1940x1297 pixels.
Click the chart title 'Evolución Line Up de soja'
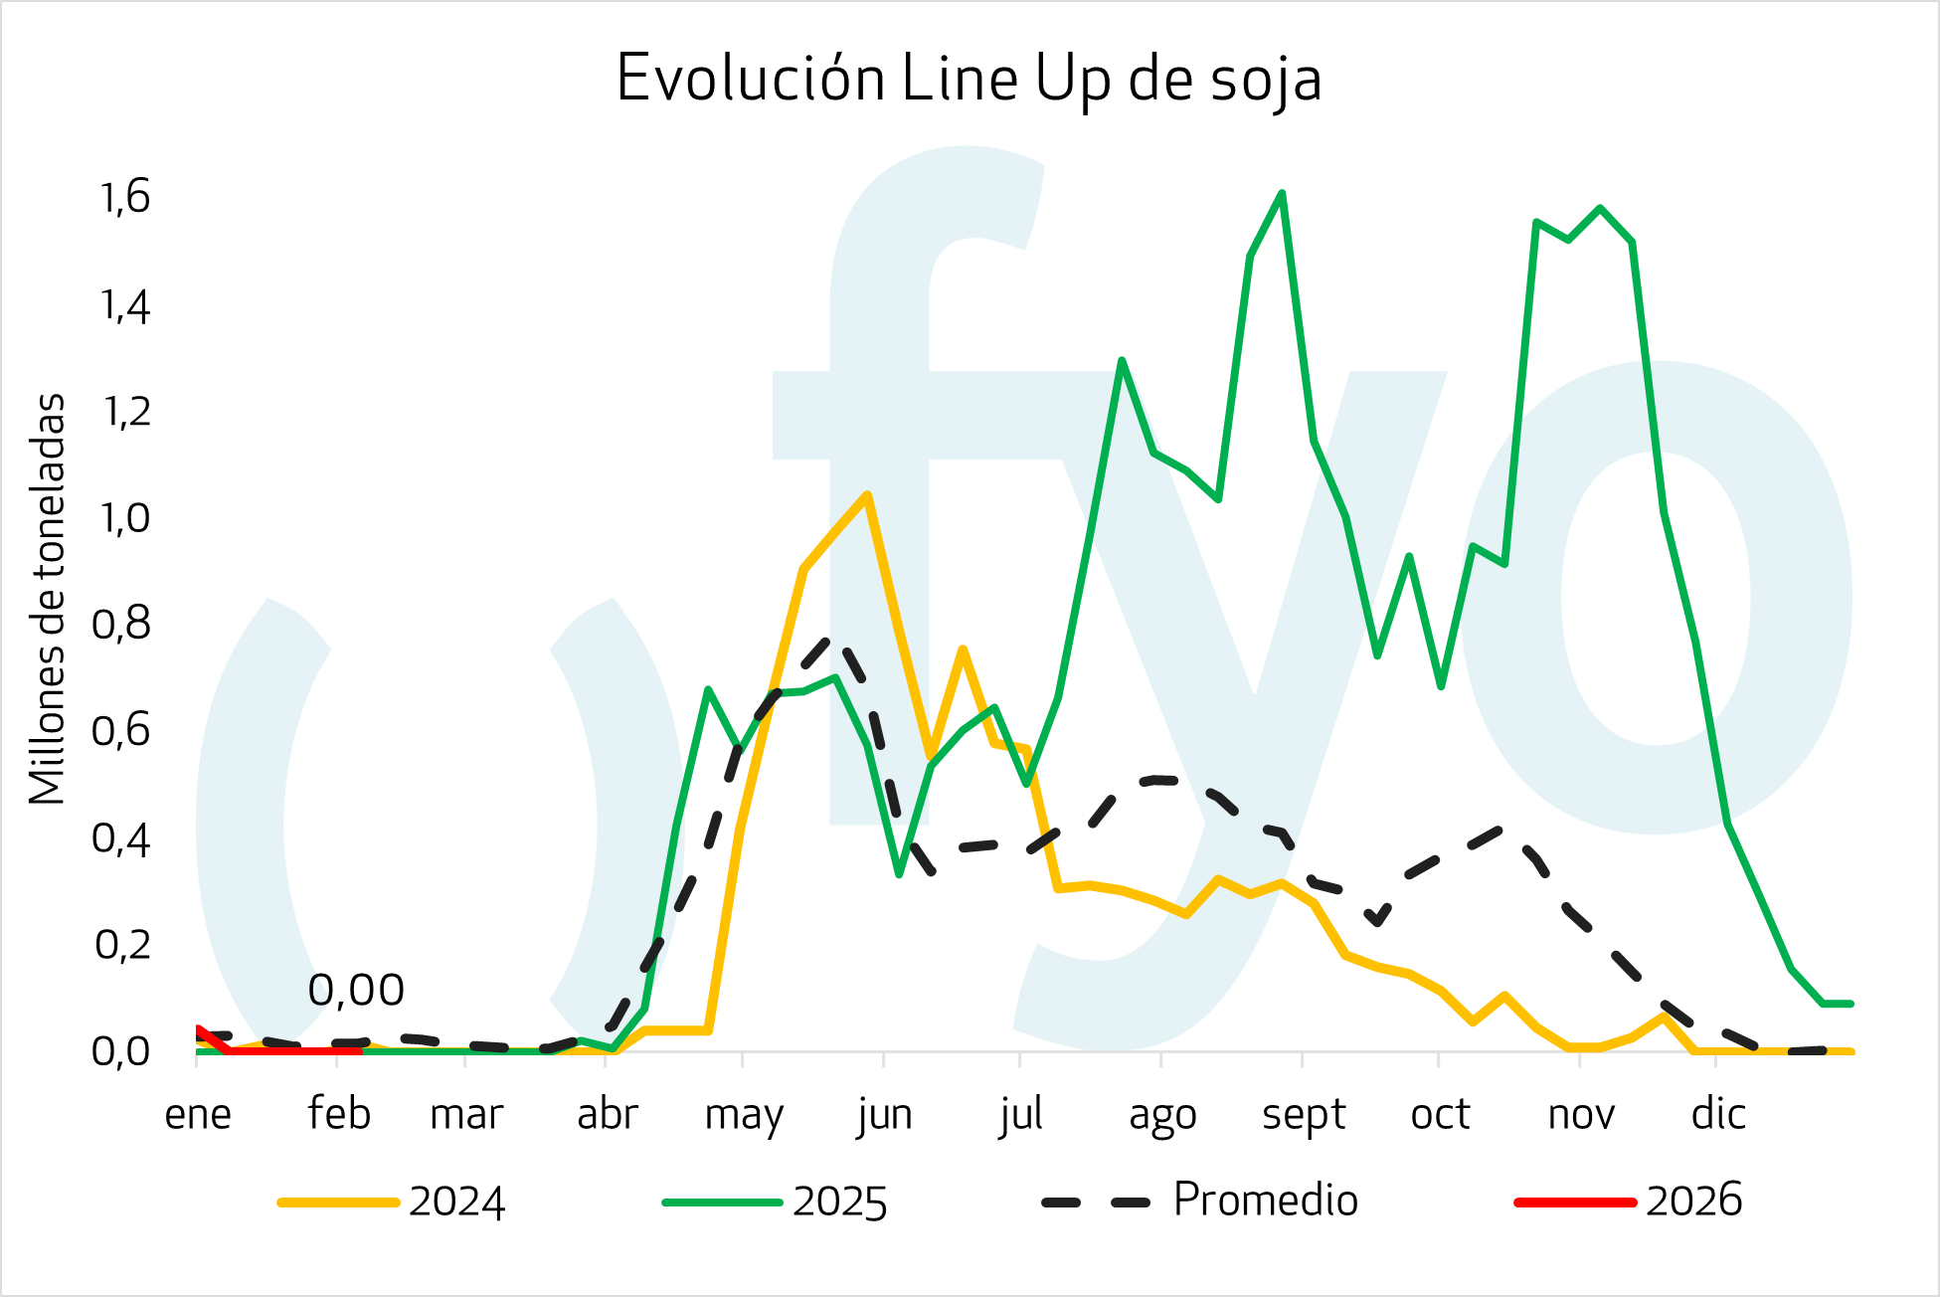tap(969, 79)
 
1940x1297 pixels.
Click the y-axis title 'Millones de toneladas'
tap(47, 599)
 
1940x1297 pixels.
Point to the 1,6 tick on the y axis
tap(125, 197)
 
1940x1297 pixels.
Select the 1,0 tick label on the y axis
tap(125, 517)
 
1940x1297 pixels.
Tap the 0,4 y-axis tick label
tap(121, 837)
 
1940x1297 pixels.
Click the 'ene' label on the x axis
tap(198, 1114)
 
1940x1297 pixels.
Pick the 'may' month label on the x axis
tap(744, 1114)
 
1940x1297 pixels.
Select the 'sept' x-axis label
tap(1303, 1114)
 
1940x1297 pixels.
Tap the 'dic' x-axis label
tap(1718, 1114)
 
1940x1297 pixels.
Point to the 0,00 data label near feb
tap(356, 990)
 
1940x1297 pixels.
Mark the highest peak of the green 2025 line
tap(1282, 193)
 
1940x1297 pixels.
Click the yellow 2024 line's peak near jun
tap(867, 494)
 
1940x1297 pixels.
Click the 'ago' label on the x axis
tap(1162, 1114)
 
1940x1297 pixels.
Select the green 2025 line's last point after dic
tap(1851, 1004)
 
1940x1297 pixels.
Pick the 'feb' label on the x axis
tap(339, 1114)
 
